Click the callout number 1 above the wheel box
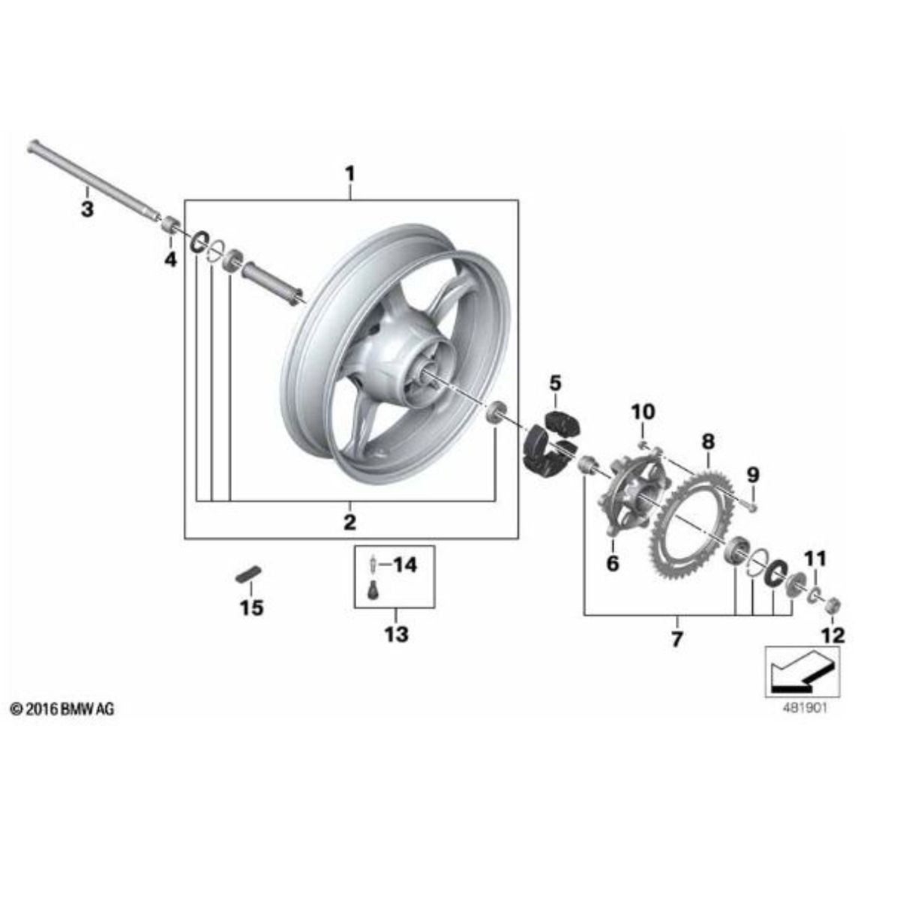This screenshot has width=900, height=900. (x=349, y=175)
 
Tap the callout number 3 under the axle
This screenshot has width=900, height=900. (x=87, y=209)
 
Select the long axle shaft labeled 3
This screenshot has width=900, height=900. (x=90, y=179)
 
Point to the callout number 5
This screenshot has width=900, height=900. (x=555, y=383)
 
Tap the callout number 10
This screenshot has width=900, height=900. (x=643, y=412)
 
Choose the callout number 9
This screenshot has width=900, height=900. (x=753, y=475)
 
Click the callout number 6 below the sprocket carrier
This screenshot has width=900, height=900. (x=613, y=562)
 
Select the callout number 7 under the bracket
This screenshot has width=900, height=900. (x=676, y=640)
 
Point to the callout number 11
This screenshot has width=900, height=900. (x=814, y=558)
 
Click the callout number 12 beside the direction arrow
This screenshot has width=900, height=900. (x=833, y=636)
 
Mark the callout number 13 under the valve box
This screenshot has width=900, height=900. (x=396, y=634)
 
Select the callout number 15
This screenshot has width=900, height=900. (x=252, y=607)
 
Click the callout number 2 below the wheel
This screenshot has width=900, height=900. (x=349, y=522)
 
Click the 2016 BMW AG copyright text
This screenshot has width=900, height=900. (x=63, y=709)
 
